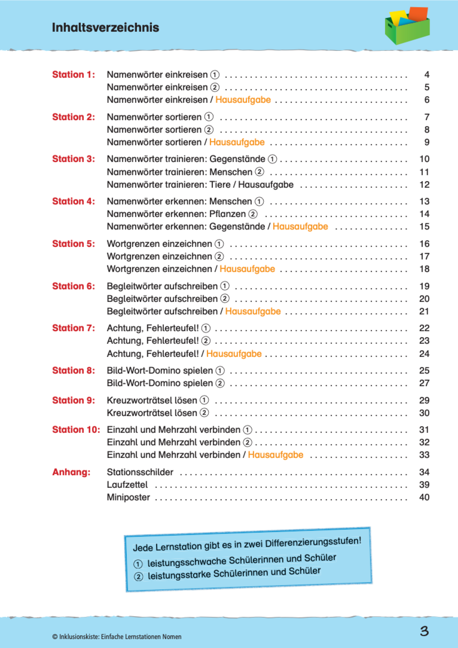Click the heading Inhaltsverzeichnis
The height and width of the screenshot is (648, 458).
point(105,27)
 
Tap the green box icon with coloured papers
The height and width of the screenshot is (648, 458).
point(407,26)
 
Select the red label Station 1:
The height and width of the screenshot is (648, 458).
point(74,74)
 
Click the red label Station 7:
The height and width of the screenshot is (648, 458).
point(74,328)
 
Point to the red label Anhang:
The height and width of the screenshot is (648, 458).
point(71,472)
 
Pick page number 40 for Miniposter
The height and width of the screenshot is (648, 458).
point(424,497)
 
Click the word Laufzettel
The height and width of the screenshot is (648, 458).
point(127,485)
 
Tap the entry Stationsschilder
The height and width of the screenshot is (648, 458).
point(140,472)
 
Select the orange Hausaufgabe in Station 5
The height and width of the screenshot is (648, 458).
point(247,269)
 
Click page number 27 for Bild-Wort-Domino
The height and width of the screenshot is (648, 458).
point(424,383)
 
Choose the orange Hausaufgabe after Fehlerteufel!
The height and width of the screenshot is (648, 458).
point(234,354)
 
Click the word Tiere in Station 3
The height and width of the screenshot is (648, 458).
point(220,184)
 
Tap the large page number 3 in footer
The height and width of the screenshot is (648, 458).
point(424,631)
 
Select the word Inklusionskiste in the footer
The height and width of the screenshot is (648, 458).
point(79,637)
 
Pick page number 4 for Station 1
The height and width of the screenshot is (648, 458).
point(427,74)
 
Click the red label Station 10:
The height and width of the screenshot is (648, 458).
point(76,430)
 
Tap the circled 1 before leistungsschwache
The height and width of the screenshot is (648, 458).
point(138,564)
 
